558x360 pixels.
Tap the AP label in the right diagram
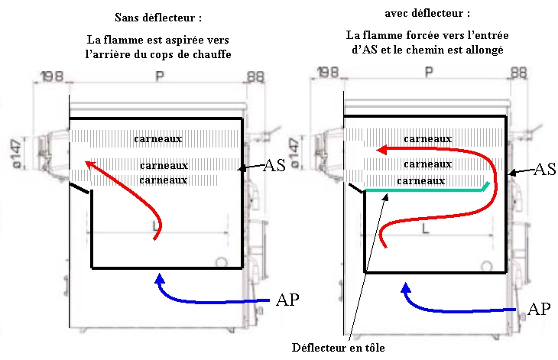[539, 310]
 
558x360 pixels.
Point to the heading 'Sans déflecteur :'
[157, 17]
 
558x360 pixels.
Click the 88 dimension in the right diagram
[518, 73]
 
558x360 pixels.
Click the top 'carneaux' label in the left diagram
[158, 139]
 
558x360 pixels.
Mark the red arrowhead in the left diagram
[89, 164]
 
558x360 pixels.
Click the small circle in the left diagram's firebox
[221, 261]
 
